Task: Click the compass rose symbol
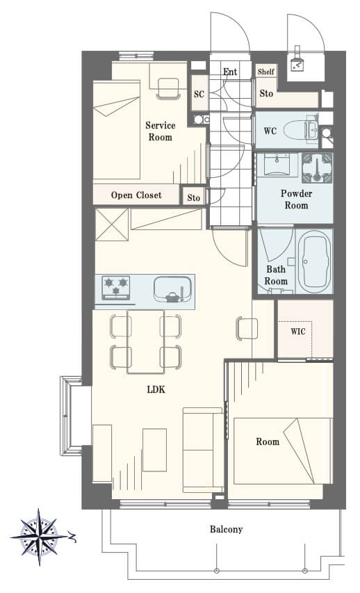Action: (40, 537)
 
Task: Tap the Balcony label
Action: (226, 529)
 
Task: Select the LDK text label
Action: (156, 389)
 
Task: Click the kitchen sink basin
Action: (173, 290)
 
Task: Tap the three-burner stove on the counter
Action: (115, 288)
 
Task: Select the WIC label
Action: (298, 332)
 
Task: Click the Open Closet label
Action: (136, 195)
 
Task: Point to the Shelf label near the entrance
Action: (266, 71)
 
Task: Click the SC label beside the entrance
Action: (199, 94)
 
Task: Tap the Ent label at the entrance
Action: (230, 72)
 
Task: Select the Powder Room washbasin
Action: (277, 165)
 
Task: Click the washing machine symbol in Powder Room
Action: (317, 168)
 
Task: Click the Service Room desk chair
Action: (168, 88)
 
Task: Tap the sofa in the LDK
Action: (204, 450)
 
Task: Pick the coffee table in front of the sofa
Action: (155, 450)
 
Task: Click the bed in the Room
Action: (283, 450)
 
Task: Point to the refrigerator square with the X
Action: (112, 225)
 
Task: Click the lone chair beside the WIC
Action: (247, 328)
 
